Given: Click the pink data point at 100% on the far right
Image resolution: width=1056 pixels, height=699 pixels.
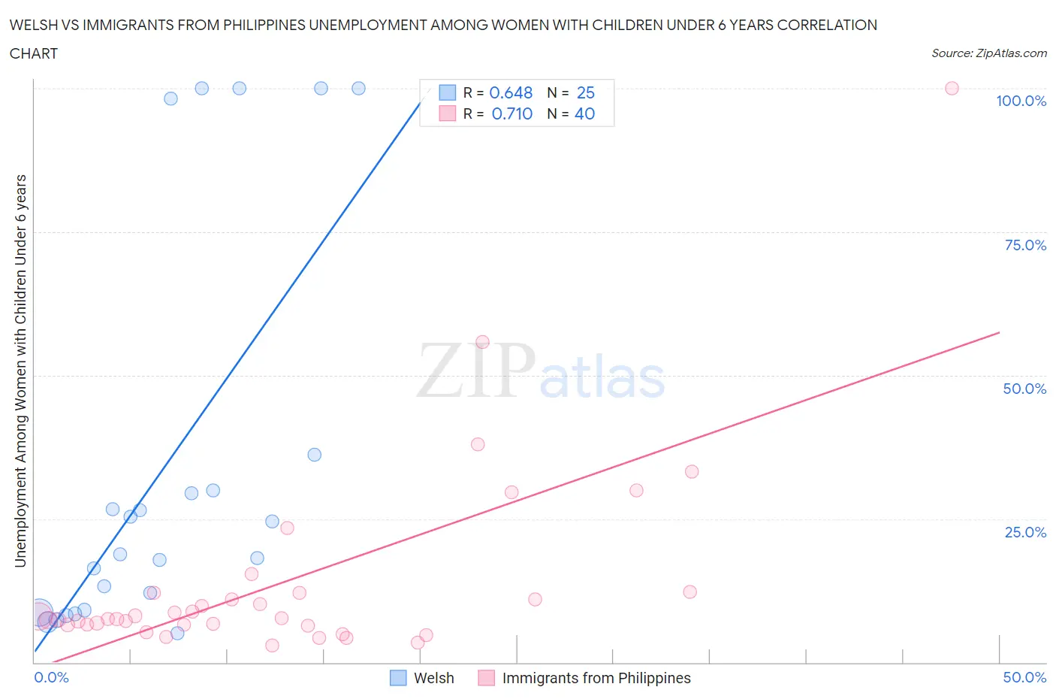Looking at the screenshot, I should [x=952, y=88].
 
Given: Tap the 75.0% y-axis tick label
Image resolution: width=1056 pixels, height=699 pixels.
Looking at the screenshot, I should [x=1025, y=245].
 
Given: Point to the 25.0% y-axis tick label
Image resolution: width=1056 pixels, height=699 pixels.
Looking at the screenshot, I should [x=1025, y=532].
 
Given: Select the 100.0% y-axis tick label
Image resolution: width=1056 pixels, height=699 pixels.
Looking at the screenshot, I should [x=1021, y=101].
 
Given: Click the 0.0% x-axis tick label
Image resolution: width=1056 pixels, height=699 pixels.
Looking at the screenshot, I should [x=51, y=677].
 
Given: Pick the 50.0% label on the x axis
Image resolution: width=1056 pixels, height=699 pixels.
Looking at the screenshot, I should [x=1024, y=677].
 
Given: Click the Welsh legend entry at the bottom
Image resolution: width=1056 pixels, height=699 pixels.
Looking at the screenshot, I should [x=433, y=678].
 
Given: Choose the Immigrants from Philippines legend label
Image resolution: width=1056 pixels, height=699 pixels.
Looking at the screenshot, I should [x=596, y=678].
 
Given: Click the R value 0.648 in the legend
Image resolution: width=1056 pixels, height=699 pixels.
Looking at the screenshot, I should [x=511, y=92].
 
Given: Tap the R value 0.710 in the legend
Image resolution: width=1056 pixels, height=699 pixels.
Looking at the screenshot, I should [x=511, y=113].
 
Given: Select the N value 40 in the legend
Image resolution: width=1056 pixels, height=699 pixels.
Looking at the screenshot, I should [x=584, y=113].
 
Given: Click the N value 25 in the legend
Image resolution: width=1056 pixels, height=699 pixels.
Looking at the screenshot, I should [x=585, y=92].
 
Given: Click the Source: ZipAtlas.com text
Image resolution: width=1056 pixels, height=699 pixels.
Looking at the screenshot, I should [x=988, y=53].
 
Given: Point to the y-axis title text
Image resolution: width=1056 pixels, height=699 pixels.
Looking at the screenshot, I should [x=20, y=371].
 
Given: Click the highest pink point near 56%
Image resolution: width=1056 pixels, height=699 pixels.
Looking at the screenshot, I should [x=482, y=342].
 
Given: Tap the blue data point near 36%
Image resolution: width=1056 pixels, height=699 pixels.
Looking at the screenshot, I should [x=315, y=455].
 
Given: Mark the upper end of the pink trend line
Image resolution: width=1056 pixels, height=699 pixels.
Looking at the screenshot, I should [x=999, y=332].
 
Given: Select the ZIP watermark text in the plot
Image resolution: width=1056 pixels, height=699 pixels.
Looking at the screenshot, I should [x=475, y=370].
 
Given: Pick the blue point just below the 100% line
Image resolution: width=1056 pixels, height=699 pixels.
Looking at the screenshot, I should [x=171, y=98].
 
